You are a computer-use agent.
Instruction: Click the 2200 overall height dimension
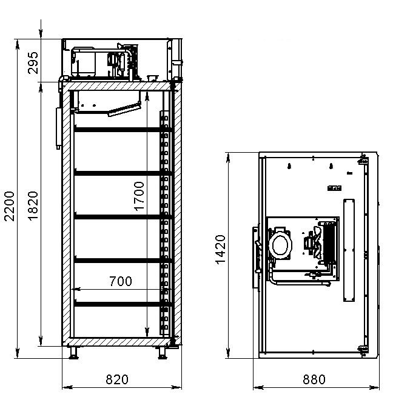tap(9, 206)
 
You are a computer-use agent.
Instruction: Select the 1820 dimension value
tap(33, 205)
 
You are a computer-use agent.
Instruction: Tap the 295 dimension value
tap(33, 63)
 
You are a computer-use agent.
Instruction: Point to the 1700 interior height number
tap(139, 196)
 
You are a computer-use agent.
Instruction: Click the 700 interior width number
tap(121, 281)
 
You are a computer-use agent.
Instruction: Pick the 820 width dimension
tap(117, 379)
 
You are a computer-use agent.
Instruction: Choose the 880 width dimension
tap(314, 379)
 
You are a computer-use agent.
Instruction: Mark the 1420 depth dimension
tap(220, 250)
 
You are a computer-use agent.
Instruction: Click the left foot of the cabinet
tap(73, 353)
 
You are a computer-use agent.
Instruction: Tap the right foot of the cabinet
tap(163, 353)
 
